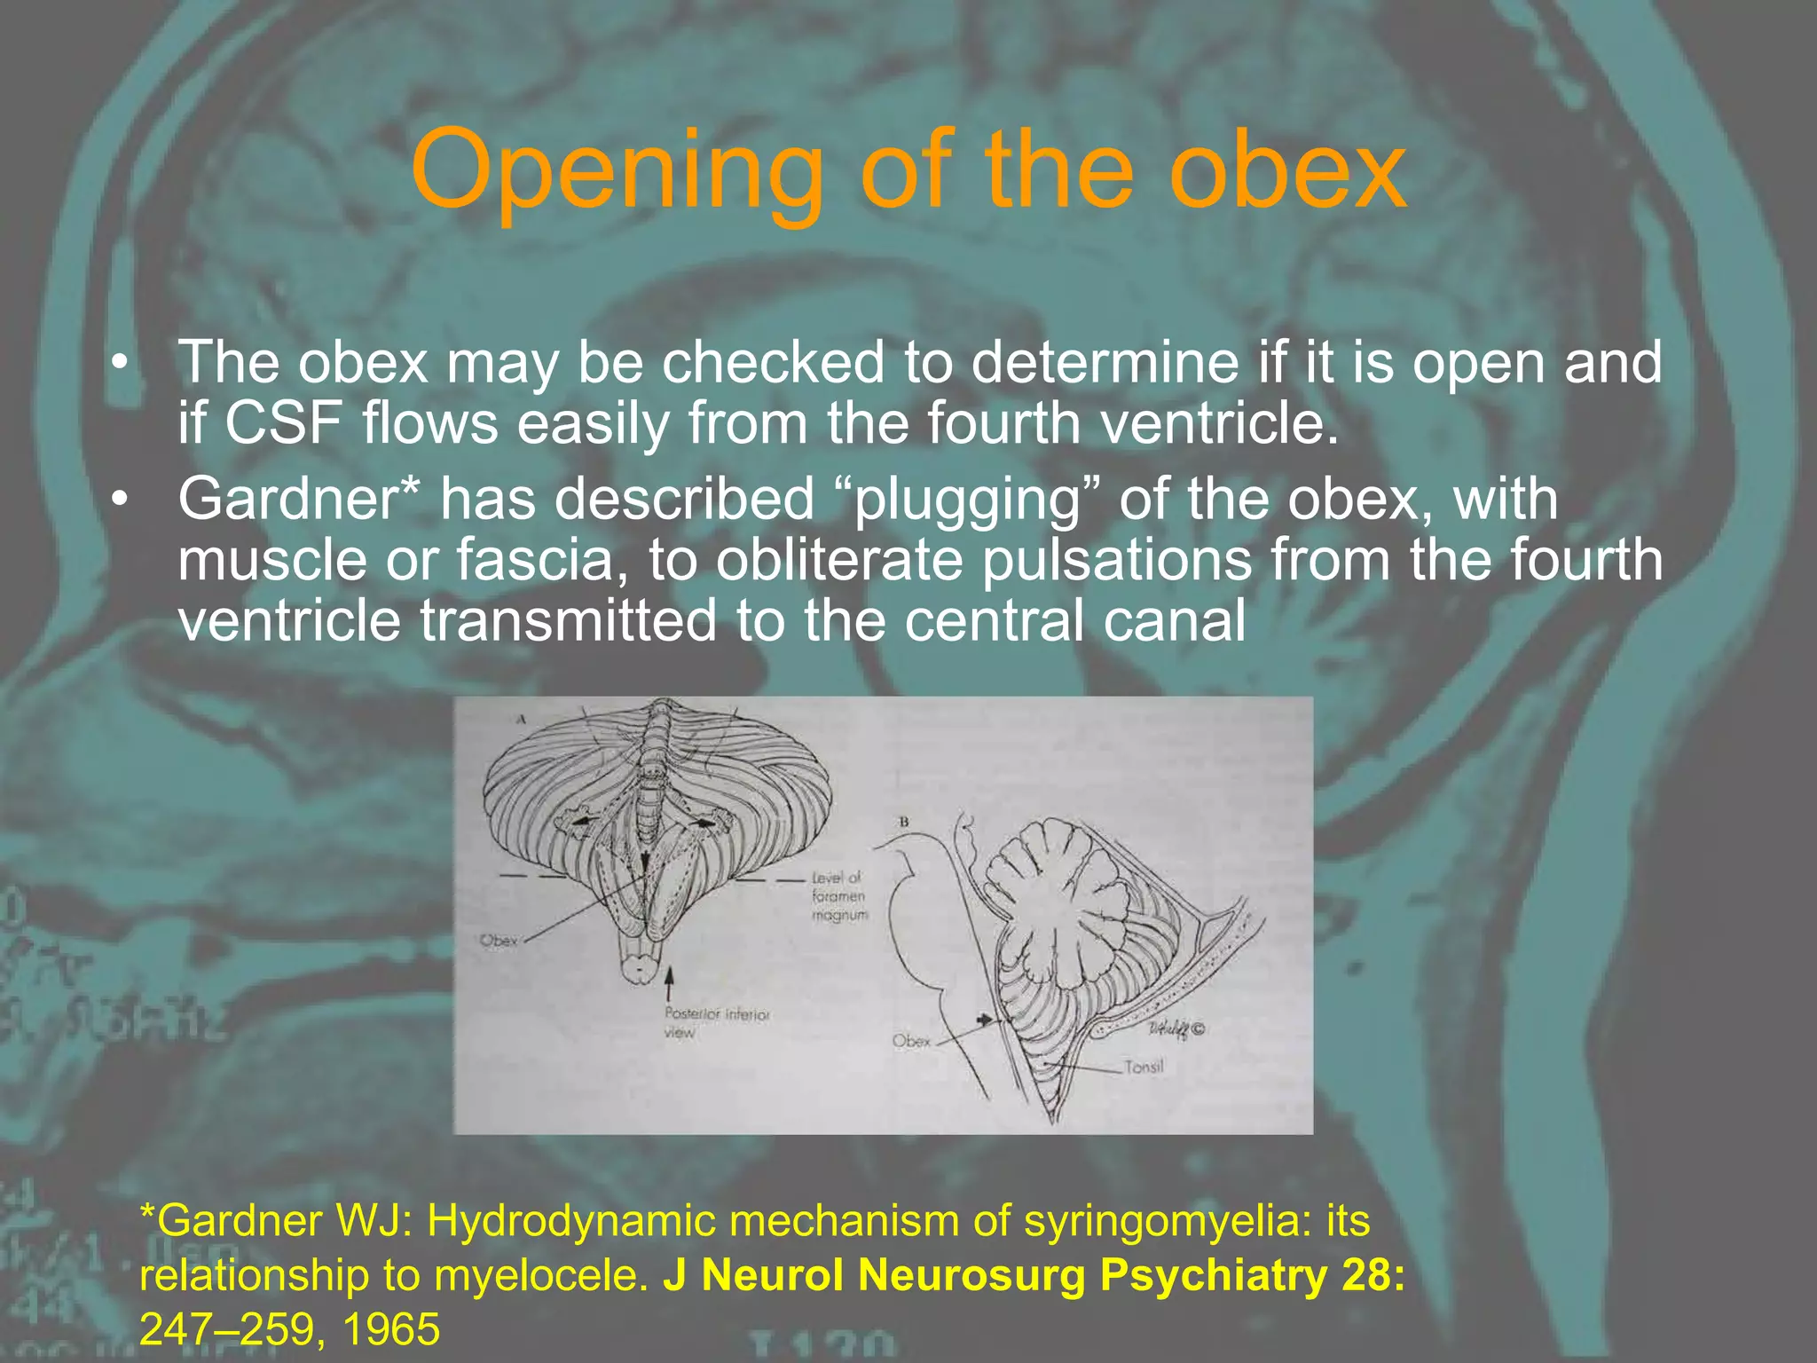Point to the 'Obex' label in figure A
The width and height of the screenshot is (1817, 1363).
click(498, 941)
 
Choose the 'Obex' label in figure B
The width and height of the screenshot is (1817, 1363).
click(911, 1040)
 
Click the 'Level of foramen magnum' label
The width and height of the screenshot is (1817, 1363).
click(838, 896)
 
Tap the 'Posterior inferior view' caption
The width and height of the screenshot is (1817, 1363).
click(716, 1022)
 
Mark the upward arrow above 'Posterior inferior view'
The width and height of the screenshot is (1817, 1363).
click(670, 981)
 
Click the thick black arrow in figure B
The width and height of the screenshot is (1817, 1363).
click(984, 1020)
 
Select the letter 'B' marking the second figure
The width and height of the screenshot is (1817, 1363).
click(904, 822)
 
